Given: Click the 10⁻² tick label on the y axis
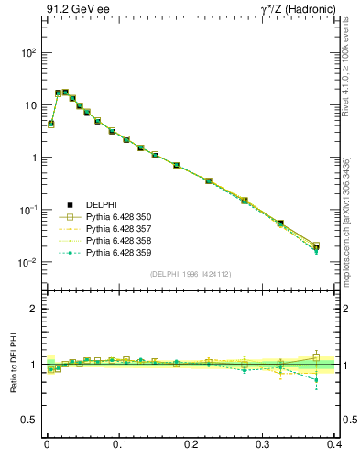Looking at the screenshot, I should (28, 262).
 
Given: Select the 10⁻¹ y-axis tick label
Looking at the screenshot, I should (28, 210).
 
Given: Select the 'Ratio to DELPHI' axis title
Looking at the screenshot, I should (15, 365).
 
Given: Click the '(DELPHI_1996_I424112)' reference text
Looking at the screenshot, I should (191, 274).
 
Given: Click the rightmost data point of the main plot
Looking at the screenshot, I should (316, 246).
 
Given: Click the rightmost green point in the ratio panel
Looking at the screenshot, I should (316, 379).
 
